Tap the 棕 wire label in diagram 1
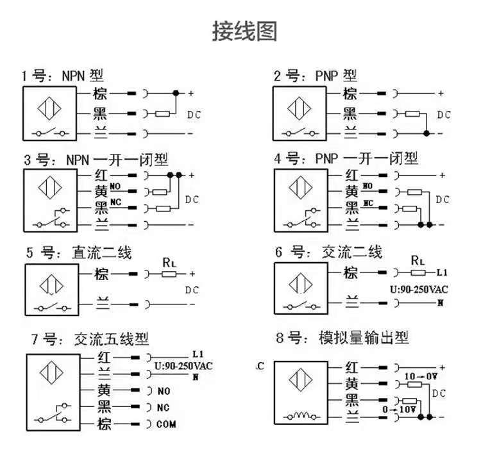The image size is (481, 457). click(x=99, y=94)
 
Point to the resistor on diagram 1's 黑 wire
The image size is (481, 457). click(x=163, y=114)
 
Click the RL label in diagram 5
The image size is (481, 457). click(x=168, y=261)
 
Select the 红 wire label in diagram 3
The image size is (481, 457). click(x=100, y=174)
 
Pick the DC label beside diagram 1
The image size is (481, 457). click(x=194, y=114)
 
